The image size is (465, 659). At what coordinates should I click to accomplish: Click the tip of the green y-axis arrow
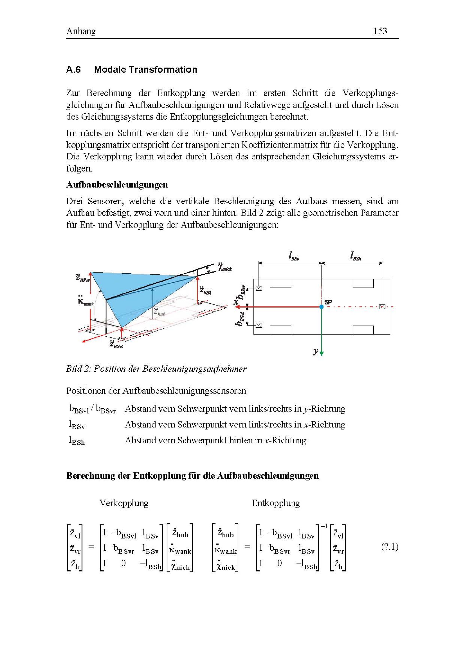(x=322, y=356)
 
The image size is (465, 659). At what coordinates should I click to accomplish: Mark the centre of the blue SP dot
(x=322, y=307)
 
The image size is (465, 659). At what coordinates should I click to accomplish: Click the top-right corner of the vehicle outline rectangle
(x=390, y=279)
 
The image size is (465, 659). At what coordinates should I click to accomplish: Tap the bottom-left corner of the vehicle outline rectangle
(x=253, y=334)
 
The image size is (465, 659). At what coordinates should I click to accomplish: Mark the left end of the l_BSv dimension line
(x=259, y=263)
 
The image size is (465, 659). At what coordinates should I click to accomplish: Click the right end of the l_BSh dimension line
(x=382, y=263)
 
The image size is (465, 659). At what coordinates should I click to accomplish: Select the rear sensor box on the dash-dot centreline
(x=382, y=307)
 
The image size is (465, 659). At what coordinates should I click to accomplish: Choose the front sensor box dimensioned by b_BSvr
(x=259, y=288)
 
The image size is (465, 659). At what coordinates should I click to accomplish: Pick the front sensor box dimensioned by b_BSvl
(x=259, y=325)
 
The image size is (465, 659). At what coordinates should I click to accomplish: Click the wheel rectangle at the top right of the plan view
(x=363, y=283)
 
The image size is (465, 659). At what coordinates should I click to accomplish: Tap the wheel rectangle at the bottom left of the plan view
(x=280, y=330)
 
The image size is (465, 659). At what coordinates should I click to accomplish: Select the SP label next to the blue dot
(x=328, y=302)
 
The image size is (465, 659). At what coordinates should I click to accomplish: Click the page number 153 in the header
(x=380, y=31)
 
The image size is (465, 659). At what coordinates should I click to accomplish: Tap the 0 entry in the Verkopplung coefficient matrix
(x=123, y=563)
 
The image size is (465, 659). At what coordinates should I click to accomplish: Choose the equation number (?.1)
(x=390, y=547)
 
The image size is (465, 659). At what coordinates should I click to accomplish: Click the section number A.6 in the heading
(x=73, y=70)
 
